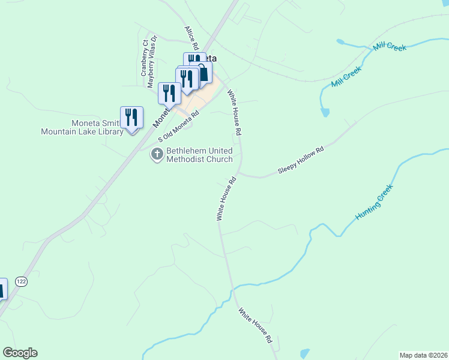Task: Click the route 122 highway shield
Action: click(x=22, y=281)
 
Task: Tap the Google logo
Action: click(x=20, y=353)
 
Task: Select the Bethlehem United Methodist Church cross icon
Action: click(x=157, y=155)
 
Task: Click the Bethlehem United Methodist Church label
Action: click(x=199, y=155)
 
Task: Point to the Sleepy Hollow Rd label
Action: click(x=301, y=160)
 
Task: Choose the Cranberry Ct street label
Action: click(x=145, y=58)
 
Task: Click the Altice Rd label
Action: click(x=191, y=37)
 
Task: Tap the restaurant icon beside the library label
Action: click(x=131, y=116)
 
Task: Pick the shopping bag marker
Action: click(x=204, y=73)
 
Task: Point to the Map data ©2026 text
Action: click(x=423, y=355)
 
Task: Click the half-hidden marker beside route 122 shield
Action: click(x=2, y=289)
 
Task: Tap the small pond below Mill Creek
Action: click(x=325, y=112)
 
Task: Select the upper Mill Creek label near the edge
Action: click(x=390, y=47)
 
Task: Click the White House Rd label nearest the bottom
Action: click(x=256, y=325)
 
